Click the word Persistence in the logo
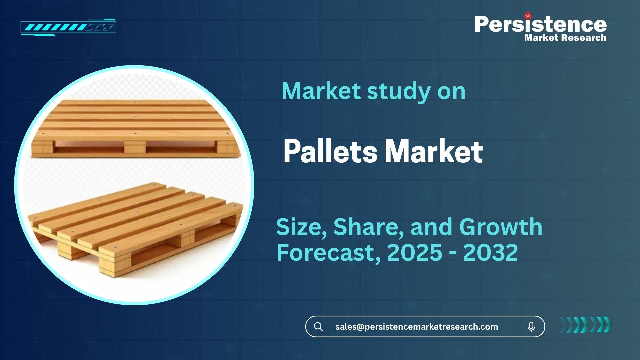pyautogui.click(x=541, y=24)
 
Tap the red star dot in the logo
pyautogui.click(x=528, y=16)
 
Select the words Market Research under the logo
pyautogui.click(x=565, y=38)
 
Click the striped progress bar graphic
pyautogui.click(x=68, y=27)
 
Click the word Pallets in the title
pyautogui.click(x=330, y=152)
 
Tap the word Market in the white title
pyautogui.click(x=434, y=152)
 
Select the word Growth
pyautogui.click(x=501, y=227)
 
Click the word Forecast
pyautogui.click(x=329, y=253)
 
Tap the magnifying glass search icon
pyautogui.click(x=318, y=327)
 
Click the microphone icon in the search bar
pyautogui.click(x=531, y=327)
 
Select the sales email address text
pyautogui.click(x=417, y=327)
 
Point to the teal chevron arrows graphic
pyautogui.click(x=586, y=325)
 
